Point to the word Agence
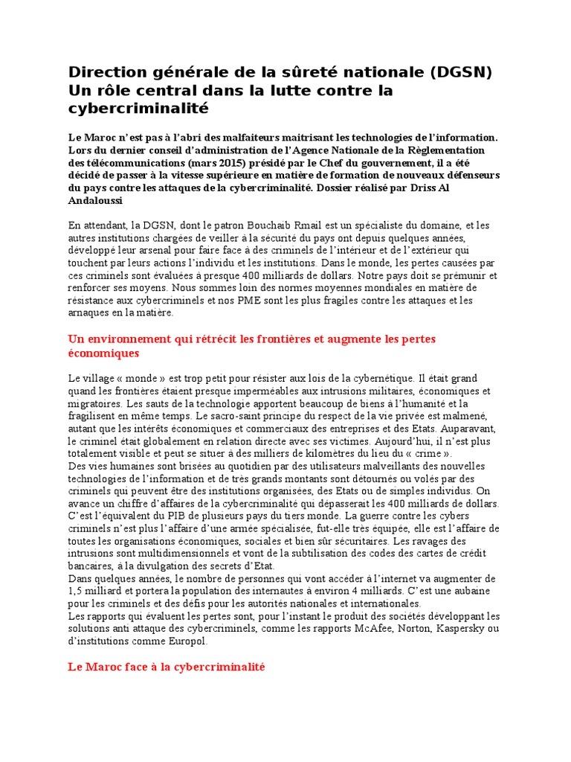point(279,150)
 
